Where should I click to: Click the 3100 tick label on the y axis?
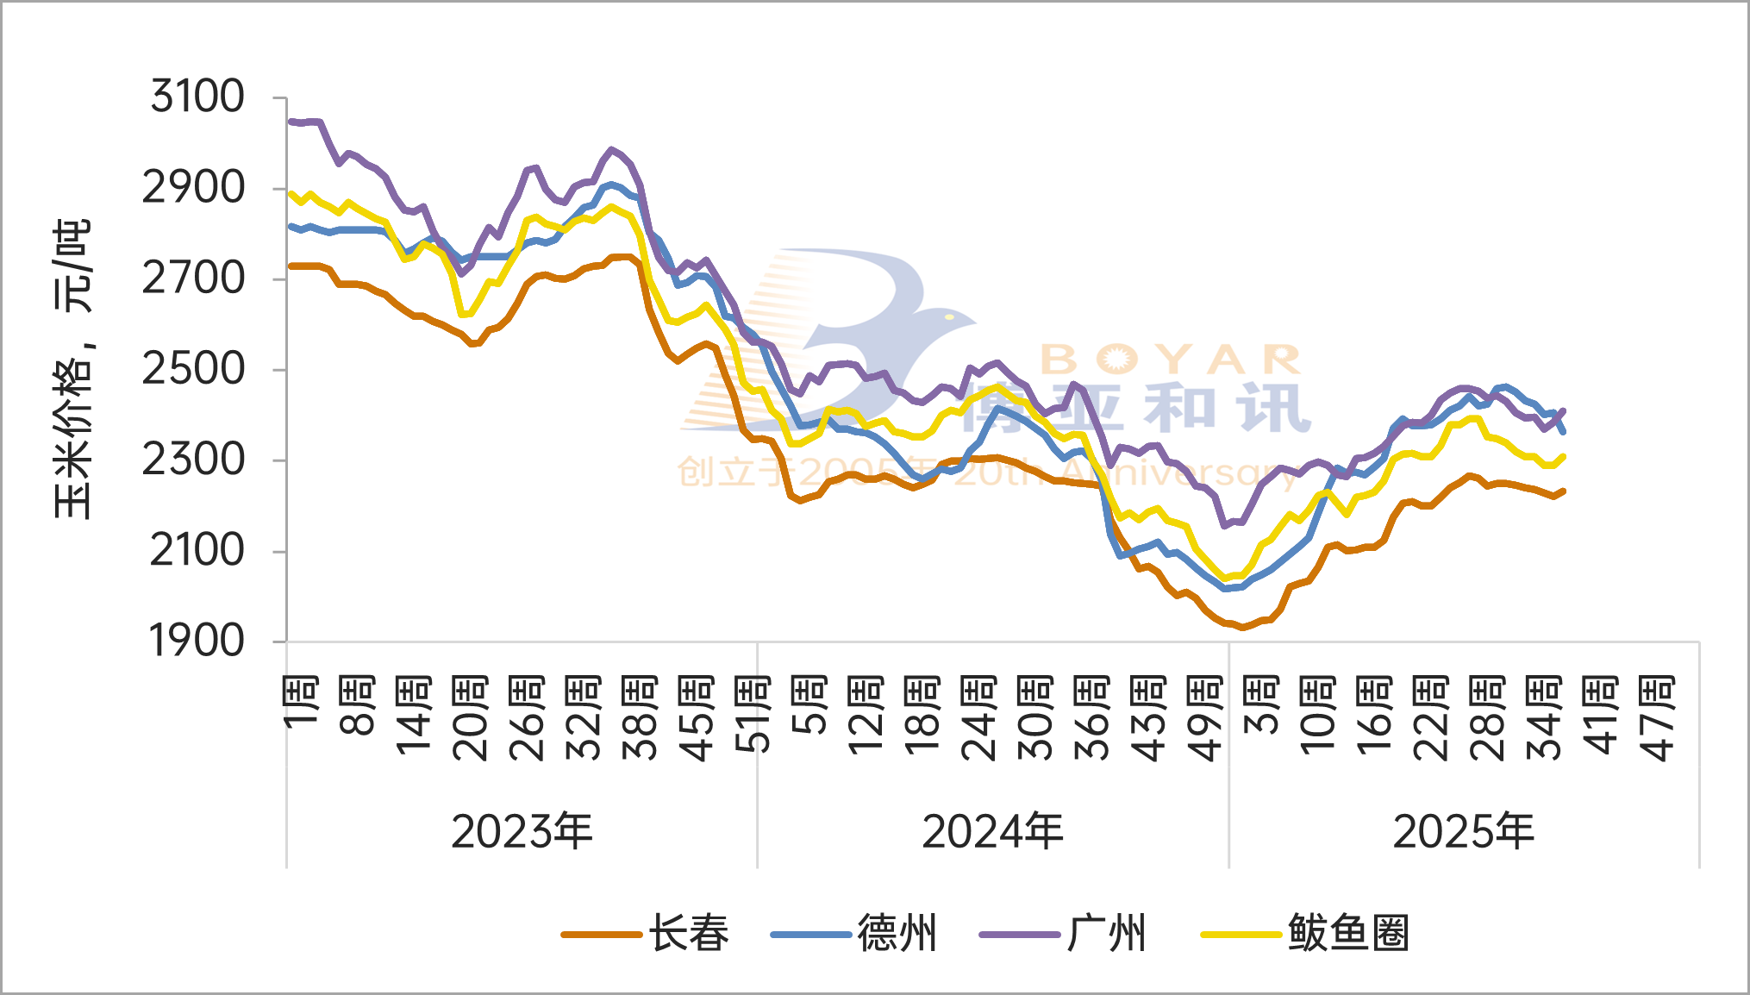tap(197, 96)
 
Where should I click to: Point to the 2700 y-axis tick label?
tap(193, 278)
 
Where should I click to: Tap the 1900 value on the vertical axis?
tap(197, 641)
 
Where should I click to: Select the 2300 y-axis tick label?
tap(193, 460)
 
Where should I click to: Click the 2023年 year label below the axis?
tap(522, 832)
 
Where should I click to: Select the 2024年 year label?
tap(992, 832)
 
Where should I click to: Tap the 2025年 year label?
tap(1464, 832)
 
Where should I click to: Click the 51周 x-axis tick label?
tap(753, 715)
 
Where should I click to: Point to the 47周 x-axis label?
tap(1656, 718)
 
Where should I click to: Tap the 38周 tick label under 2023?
tap(640, 718)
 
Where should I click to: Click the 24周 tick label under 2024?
tap(978, 718)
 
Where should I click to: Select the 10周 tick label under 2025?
tap(1317, 717)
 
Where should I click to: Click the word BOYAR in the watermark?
tap(1171, 360)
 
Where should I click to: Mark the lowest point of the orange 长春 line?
tap(1242, 627)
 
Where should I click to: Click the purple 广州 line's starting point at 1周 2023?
tap(289, 122)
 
